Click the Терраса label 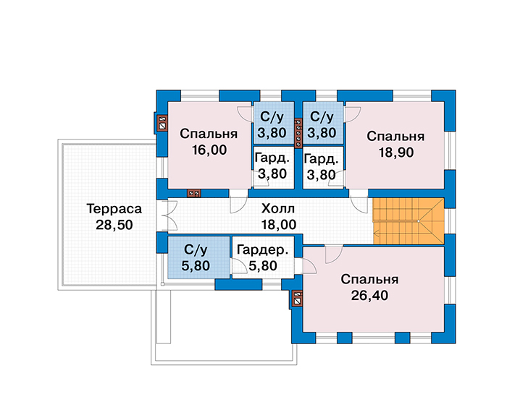pos(114,209)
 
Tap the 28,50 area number pos(114,225)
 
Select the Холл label pos(278,209)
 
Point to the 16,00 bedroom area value pos(209,150)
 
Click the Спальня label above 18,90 pos(395,137)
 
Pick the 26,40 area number pos(369,295)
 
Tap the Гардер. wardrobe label pos(262,250)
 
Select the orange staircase pos(408,221)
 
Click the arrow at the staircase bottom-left pos(377,231)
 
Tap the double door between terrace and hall pos(169,215)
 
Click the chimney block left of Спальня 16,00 pos(162,124)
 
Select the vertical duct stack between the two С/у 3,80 pos(298,133)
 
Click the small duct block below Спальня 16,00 pos(194,193)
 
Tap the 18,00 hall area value pos(279,225)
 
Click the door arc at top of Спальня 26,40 pos(334,254)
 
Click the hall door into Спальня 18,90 pos(359,205)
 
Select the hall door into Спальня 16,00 pos(238,205)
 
